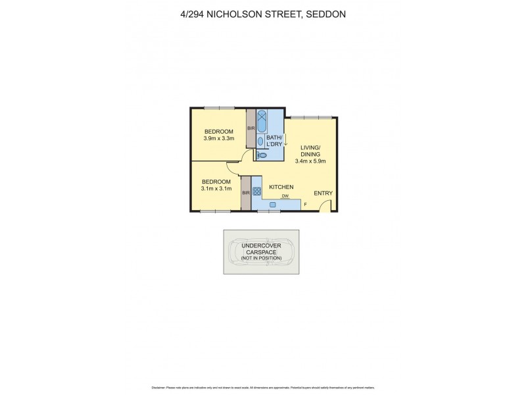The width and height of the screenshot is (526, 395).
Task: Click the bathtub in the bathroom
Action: pyautogui.click(x=262, y=120)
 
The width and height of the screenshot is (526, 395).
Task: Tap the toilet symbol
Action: pyautogui.click(x=262, y=155)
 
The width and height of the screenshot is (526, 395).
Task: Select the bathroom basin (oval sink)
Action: pyautogui.click(x=260, y=140)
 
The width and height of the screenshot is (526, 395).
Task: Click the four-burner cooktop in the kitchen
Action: pyautogui.click(x=257, y=192)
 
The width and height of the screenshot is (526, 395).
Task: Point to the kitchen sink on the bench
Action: pyautogui.click(x=272, y=205)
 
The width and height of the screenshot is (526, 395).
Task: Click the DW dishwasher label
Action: pyautogui.click(x=285, y=196)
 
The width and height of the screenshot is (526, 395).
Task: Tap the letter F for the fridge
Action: pyautogui.click(x=305, y=205)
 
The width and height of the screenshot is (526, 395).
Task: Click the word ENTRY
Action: pyautogui.click(x=323, y=193)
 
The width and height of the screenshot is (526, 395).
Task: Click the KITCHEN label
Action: pyautogui.click(x=281, y=187)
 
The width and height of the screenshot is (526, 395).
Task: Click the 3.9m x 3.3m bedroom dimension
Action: pyautogui.click(x=218, y=139)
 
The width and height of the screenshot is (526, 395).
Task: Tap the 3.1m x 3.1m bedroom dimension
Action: pyautogui.click(x=216, y=189)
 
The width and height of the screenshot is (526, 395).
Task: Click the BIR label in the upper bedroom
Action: pyautogui.click(x=251, y=128)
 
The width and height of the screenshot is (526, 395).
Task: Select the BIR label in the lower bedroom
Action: pyautogui.click(x=246, y=192)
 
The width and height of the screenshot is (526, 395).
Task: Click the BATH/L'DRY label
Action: pyautogui.click(x=274, y=140)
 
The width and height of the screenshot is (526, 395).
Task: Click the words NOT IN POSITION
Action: pyautogui.click(x=261, y=257)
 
